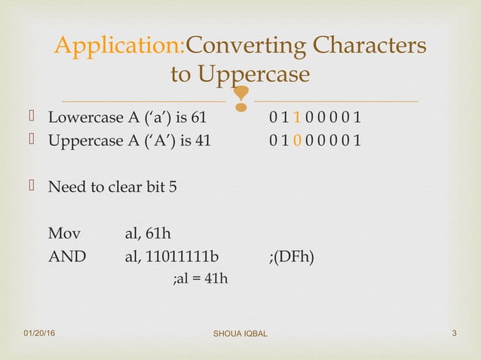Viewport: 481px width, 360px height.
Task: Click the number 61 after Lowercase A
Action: [198, 118]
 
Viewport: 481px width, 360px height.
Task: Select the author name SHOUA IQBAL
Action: [240, 334]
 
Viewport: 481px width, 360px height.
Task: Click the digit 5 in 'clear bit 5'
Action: [173, 186]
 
